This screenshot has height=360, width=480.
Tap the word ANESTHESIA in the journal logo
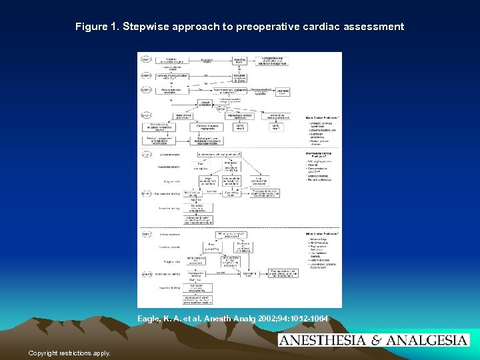tap(322, 341)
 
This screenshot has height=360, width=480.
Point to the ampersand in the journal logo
tap(374, 341)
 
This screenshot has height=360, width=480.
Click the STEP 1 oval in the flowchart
tap(145, 59)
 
